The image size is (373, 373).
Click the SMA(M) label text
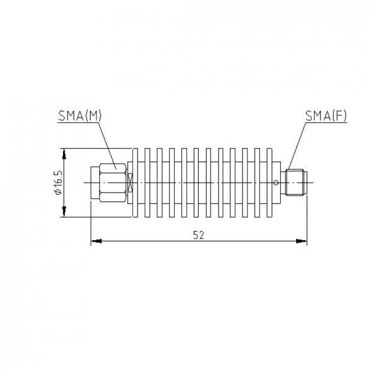79,115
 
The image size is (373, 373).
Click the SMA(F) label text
326,115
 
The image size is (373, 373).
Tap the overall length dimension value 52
199,234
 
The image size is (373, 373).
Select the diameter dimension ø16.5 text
58,183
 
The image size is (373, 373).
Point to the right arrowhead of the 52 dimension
302,240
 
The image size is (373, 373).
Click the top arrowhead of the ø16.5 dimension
64,152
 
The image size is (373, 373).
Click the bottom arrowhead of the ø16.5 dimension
64,213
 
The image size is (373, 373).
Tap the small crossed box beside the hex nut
129,182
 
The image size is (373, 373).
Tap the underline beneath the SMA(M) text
79,122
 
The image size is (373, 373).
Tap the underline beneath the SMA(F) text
326,122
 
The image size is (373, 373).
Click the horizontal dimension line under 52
165,240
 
